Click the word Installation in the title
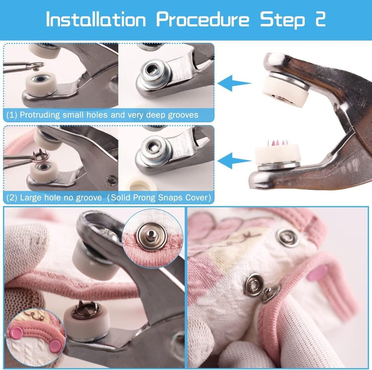pyautogui.click(x=95, y=19)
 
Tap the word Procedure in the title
pyautogui.click(x=203, y=19)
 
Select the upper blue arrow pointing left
pyautogui.click(x=234, y=83)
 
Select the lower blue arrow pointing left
pyautogui.click(x=234, y=161)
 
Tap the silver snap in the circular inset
pyautogui.click(x=150, y=235)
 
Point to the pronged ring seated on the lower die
pyautogui.click(x=84, y=310)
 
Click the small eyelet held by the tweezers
pyautogui.click(x=37, y=66)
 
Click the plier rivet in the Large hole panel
pyautogui.click(x=111, y=181)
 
